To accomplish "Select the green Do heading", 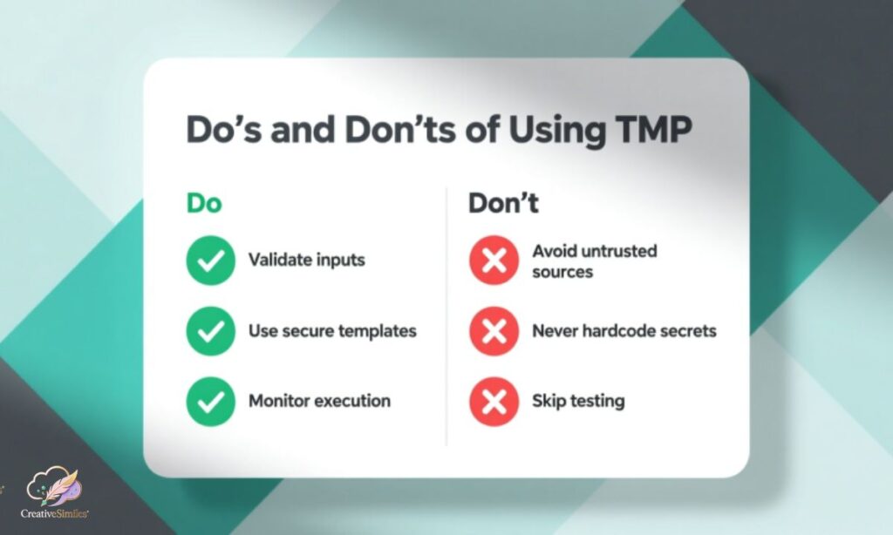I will [x=204, y=203].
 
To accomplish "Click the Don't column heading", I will [x=503, y=203].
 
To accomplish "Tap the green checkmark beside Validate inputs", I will [x=210, y=260].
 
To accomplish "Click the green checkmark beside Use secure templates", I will [x=210, y=331].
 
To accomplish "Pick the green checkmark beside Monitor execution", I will [x=210, y=401].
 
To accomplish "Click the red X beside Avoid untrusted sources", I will [x=494, y=261].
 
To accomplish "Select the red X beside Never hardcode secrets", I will [x=494, y=331].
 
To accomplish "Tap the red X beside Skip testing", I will [x=494, y=401].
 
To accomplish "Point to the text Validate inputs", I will [x=306, y=260].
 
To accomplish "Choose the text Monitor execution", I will [x=319, y=401].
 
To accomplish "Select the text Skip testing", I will [x=578, y=402].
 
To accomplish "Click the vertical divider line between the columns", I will [x=446, y=314].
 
